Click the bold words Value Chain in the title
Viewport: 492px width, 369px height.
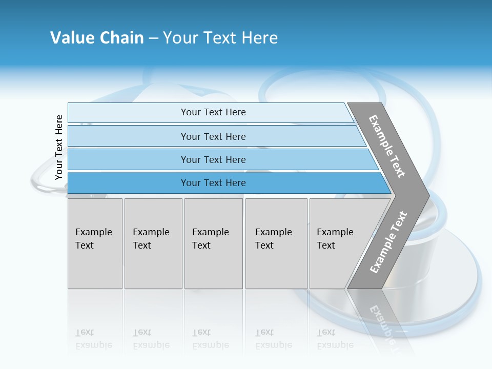97,38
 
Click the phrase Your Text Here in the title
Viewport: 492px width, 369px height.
220,38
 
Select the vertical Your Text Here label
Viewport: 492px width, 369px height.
59,147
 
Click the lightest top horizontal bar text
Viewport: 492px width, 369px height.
213,112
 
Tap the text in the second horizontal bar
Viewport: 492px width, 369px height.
213,137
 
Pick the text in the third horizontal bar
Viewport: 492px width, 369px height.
213,160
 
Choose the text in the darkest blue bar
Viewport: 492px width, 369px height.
213,183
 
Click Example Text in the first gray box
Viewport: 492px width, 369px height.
93,239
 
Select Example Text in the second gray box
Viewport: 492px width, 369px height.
151,239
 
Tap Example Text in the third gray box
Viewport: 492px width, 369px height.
210,239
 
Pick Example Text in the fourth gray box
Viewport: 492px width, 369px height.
273,239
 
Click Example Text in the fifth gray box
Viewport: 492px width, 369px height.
335,239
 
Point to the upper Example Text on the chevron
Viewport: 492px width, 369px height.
387,146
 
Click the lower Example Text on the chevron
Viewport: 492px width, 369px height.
388,242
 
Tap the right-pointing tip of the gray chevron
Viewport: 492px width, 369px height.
427,195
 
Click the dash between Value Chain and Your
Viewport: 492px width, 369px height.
153,38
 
